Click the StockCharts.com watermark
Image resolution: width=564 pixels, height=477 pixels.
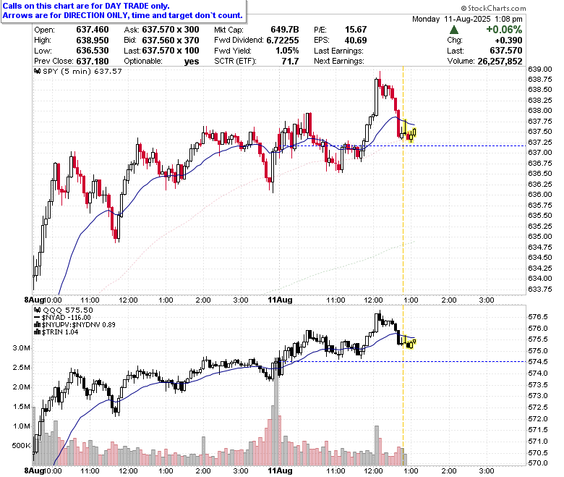tap(493, 8)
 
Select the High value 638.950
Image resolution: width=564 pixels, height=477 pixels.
tap(93, 41)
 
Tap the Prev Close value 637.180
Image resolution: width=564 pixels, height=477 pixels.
tap(93, 62)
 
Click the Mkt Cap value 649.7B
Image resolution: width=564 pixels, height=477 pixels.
tap(285, 30)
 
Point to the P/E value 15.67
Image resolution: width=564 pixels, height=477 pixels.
tap(356, 30)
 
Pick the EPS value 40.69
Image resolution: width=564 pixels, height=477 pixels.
tap(356, 41)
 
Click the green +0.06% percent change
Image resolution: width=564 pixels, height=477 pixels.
tap(504, 30)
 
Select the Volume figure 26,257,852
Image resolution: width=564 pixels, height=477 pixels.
tap(500, 62)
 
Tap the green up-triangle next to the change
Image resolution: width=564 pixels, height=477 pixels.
tap(454, 30)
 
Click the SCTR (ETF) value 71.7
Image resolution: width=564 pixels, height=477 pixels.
tap(290, 62)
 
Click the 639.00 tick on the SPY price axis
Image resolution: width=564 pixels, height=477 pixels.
tap(540, 69)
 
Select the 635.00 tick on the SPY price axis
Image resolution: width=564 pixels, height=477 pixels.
tap(540, 236)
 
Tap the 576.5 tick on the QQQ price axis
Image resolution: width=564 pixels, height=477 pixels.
tap(538, 317)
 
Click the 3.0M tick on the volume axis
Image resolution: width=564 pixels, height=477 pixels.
tap(21, 347)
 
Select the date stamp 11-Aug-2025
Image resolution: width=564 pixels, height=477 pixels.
tap(467, 19)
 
